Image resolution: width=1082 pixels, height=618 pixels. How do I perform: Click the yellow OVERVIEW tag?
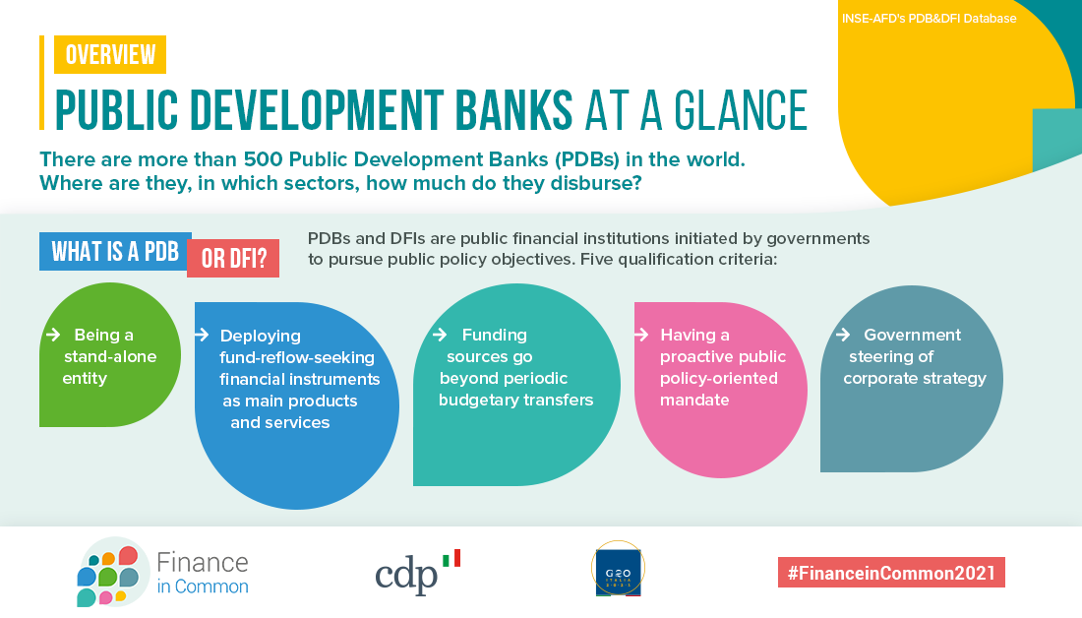coord(110,54)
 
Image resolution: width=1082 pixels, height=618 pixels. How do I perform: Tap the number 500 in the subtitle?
coord(263,159)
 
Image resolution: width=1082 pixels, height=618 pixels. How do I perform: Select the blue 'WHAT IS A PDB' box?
coord(115,251)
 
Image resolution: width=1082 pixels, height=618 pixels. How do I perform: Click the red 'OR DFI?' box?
coord(233,258)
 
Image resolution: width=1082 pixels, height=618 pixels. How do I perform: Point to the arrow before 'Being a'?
coord(52,335)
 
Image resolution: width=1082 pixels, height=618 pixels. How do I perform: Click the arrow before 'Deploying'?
coord(202,335)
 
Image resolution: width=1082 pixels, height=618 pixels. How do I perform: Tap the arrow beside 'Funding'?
coord(440,335)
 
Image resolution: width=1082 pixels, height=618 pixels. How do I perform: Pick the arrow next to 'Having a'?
coord(641,335)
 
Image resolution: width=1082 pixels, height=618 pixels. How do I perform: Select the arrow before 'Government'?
coord(843,335)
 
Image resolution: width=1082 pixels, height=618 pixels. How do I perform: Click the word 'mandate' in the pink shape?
coord(694,400)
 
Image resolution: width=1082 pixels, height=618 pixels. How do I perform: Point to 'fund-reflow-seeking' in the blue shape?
coord(297,357)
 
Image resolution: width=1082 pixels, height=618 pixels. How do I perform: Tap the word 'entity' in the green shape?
coord(85,379)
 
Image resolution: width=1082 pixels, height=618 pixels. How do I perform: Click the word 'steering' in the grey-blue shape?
coord(877,357)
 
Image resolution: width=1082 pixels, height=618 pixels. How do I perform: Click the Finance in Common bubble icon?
coord(110,573)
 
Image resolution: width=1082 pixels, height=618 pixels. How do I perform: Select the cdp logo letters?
coord(406,576)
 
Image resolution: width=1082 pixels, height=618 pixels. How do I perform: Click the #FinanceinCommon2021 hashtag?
coord(891,573)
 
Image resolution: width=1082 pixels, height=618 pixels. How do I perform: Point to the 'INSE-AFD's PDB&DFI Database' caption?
coord(929,19)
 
